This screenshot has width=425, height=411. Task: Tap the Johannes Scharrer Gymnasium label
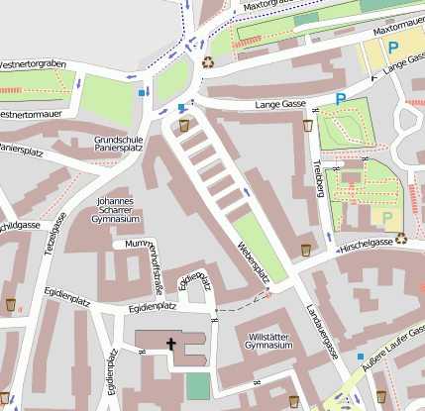pyautogui.click(x=114, y=209)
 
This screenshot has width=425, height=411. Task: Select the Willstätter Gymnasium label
pyautogui.click(x=270, y=342)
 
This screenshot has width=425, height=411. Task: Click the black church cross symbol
pyautogui.click(x=170, y=345)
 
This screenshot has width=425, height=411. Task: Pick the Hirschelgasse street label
pyautogui.click(x=366, y=241)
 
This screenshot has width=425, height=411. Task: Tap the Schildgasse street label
pyautogui.click(x=20, y=226)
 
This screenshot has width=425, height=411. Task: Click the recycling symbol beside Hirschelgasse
pyautogui.click(x=401, y=238)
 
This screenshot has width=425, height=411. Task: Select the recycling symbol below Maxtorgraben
pyautogui.click(x=208, y=61)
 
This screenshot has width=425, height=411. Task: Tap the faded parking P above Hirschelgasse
pyautogui.click(x=387, y=217)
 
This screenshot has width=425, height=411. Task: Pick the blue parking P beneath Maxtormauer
pyautogui.click(x=393, y=47)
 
